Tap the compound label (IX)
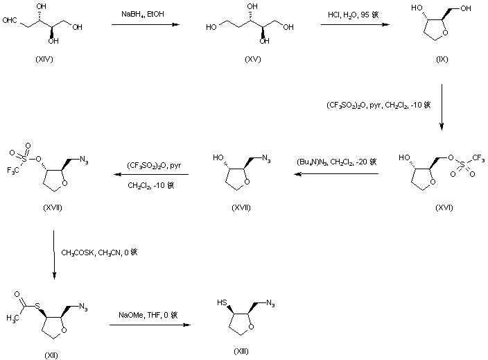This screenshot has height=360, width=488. click(x=442, y=61)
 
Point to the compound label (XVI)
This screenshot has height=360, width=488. click(x=442, y=207)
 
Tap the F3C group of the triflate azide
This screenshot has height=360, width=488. click(x=12, y=168)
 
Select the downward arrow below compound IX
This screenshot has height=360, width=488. click(x=442, y=108)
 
